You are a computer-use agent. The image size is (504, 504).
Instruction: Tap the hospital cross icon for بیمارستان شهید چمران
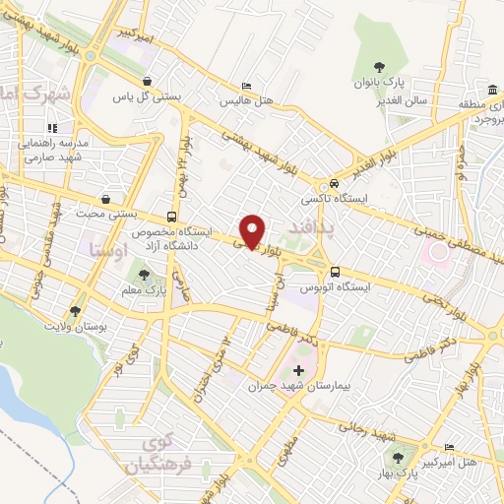pyautogui.click(x=299, y=370)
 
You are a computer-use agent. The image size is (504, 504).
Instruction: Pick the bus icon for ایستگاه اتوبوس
pyautogui.click(x=335, y=272)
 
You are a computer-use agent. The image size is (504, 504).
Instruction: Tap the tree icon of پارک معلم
pyautogui.click(x=145, y=276)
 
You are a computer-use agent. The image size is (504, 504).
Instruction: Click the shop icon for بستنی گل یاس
pyautogui.click(x=148, y=82)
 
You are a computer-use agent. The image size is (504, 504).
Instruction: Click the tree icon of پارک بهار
pyautogui.click(x=399, y=458)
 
